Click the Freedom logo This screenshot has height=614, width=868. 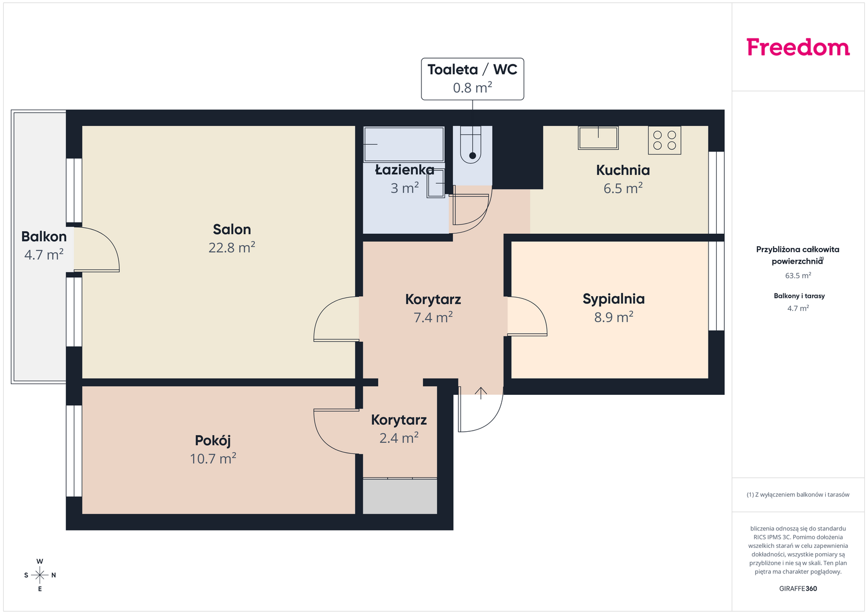coord(798,47)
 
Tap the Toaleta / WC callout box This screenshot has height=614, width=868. coord(473,79)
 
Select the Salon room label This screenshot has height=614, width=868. coord(232,229)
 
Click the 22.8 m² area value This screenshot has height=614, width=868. coord(232,247)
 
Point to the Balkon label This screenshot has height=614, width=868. coord(44,236)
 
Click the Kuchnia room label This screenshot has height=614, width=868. coord(623,170)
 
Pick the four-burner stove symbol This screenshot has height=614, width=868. coord(664,140)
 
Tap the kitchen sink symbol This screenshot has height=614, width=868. coord(598,138)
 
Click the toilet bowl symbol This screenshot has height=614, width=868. coord(471,144)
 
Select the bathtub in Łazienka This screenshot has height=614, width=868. coord(404,144)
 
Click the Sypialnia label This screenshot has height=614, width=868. coord(614,299)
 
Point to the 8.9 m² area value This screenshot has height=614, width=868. coord(614,317)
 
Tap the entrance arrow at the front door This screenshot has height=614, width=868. coord(481,393)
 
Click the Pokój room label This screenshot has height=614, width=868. coord(213,441)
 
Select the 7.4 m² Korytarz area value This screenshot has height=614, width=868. coord(433,317)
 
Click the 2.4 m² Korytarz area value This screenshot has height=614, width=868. coord(399,438)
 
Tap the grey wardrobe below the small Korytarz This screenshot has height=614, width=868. coord(400,496)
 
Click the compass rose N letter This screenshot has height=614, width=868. coord(54,575)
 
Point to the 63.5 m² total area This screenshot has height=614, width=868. coord(798,276)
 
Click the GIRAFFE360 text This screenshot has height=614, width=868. coord(798,589)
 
